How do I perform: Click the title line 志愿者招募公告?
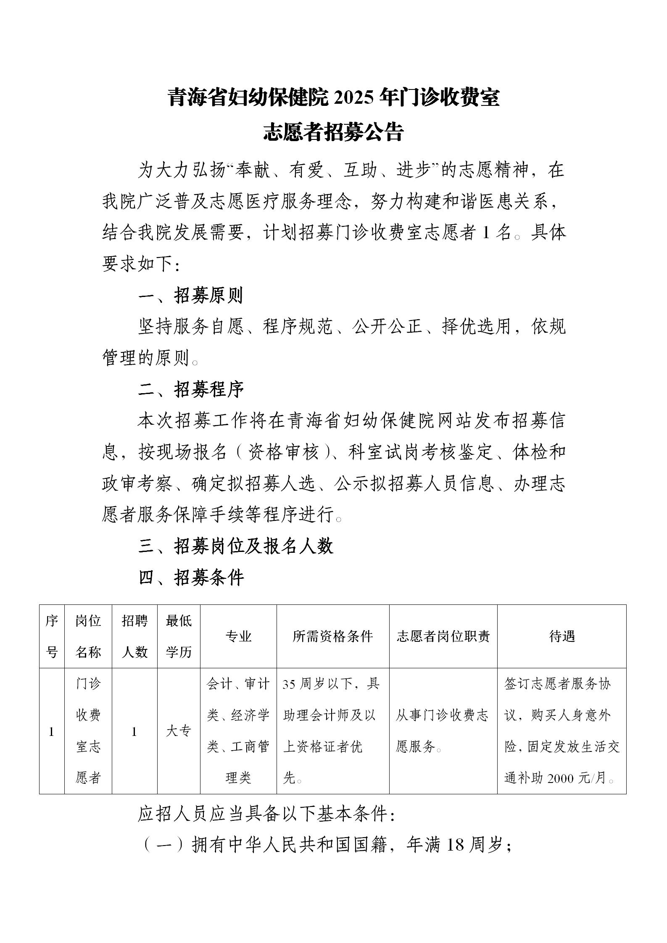333,132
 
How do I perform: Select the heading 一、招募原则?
191,296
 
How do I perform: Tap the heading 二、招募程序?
191,390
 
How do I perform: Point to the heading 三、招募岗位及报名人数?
236,546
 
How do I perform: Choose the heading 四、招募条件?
191,578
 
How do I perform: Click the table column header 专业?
238,636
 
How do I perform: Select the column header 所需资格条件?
333,636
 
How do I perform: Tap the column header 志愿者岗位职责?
443,636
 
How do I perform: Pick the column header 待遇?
562,636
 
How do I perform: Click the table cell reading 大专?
179,731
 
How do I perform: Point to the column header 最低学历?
179,636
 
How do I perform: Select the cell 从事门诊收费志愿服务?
442,731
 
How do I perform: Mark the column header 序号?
52,636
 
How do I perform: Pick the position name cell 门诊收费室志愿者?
88,731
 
